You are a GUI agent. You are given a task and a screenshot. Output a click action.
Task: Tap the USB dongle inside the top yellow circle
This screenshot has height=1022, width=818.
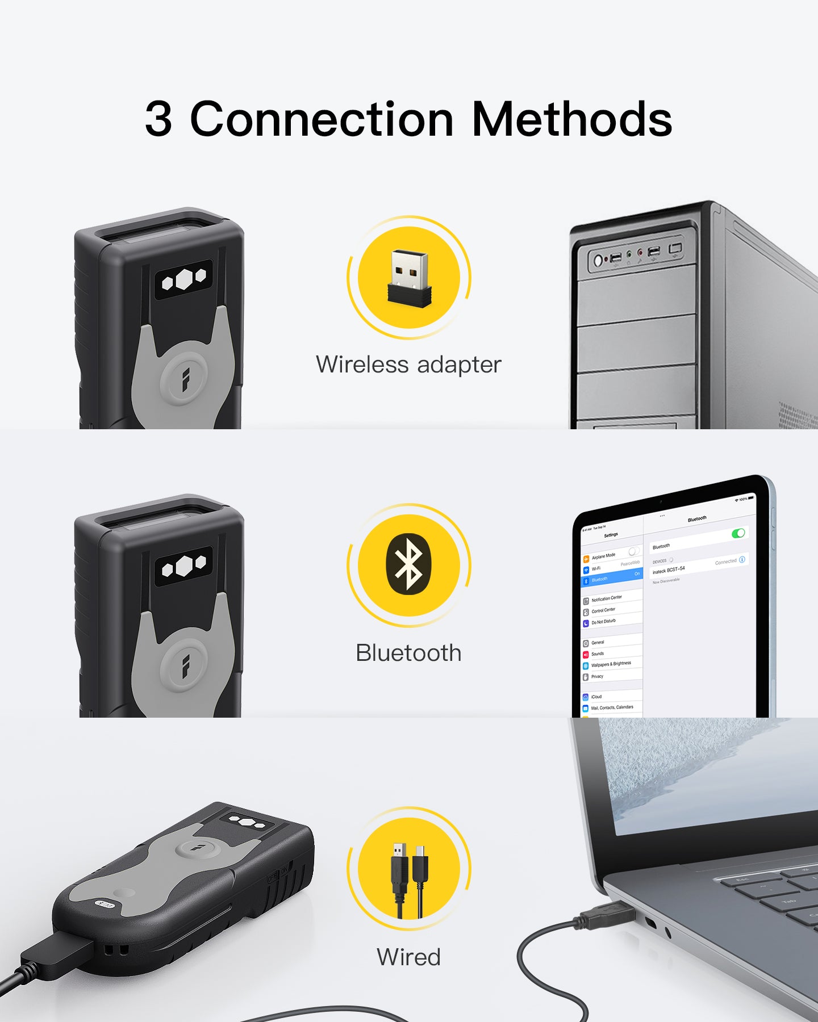point(409,278)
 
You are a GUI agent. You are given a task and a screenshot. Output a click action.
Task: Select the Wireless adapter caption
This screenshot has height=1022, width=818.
point(408,365)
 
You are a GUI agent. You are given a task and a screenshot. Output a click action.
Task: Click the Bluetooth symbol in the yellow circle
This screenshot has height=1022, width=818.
point(409,564)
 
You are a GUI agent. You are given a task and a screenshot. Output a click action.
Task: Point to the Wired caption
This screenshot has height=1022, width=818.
point(408,957)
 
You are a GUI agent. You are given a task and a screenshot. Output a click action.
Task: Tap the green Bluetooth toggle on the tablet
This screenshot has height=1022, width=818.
point(738,533)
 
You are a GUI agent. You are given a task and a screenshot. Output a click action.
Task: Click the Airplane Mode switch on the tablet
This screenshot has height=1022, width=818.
point(633,551)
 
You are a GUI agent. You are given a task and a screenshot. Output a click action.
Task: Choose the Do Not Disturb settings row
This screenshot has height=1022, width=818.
point(603,622)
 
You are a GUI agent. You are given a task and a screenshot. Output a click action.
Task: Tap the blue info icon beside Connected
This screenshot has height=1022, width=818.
point(742,560)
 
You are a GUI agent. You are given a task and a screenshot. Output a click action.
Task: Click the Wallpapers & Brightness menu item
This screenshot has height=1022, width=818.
point(611,664)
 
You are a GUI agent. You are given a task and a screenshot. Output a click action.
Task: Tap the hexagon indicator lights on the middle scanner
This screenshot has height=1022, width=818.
point(183,566)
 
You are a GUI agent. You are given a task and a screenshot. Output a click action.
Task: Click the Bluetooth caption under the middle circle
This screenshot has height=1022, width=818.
point(408,653)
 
